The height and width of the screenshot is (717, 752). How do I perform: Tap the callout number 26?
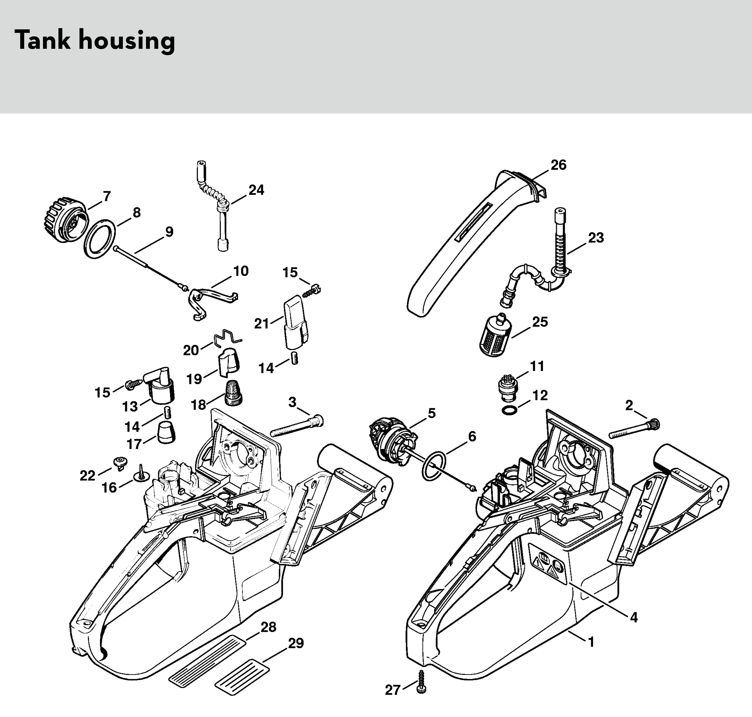tap(558, 165)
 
